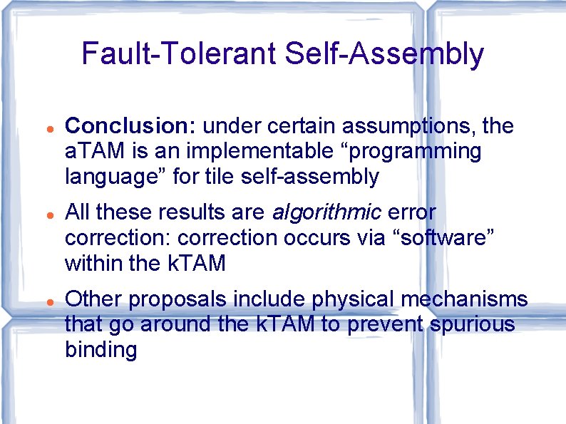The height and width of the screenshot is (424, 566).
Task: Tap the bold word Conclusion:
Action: pyautogui.click(x=130, y=127)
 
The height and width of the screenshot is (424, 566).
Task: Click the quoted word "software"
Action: pyautogui.click(x=432, y=238)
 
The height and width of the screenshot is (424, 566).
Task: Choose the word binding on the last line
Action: pyautogui.click(x=101, y=351)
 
